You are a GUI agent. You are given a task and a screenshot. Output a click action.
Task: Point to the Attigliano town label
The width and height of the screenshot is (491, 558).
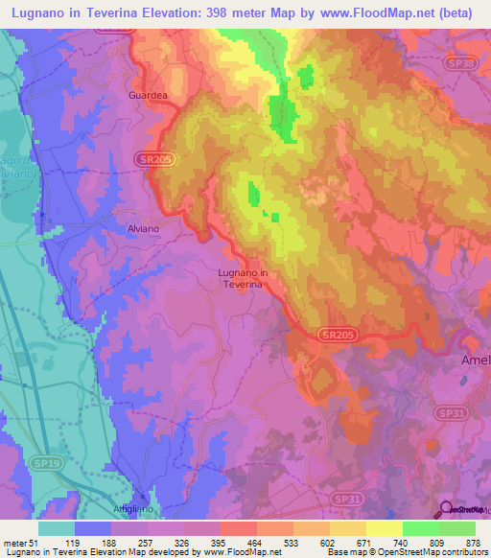(x=139, y=508)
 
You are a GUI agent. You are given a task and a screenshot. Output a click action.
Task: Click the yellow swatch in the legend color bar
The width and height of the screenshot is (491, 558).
(x=384, y=528)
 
